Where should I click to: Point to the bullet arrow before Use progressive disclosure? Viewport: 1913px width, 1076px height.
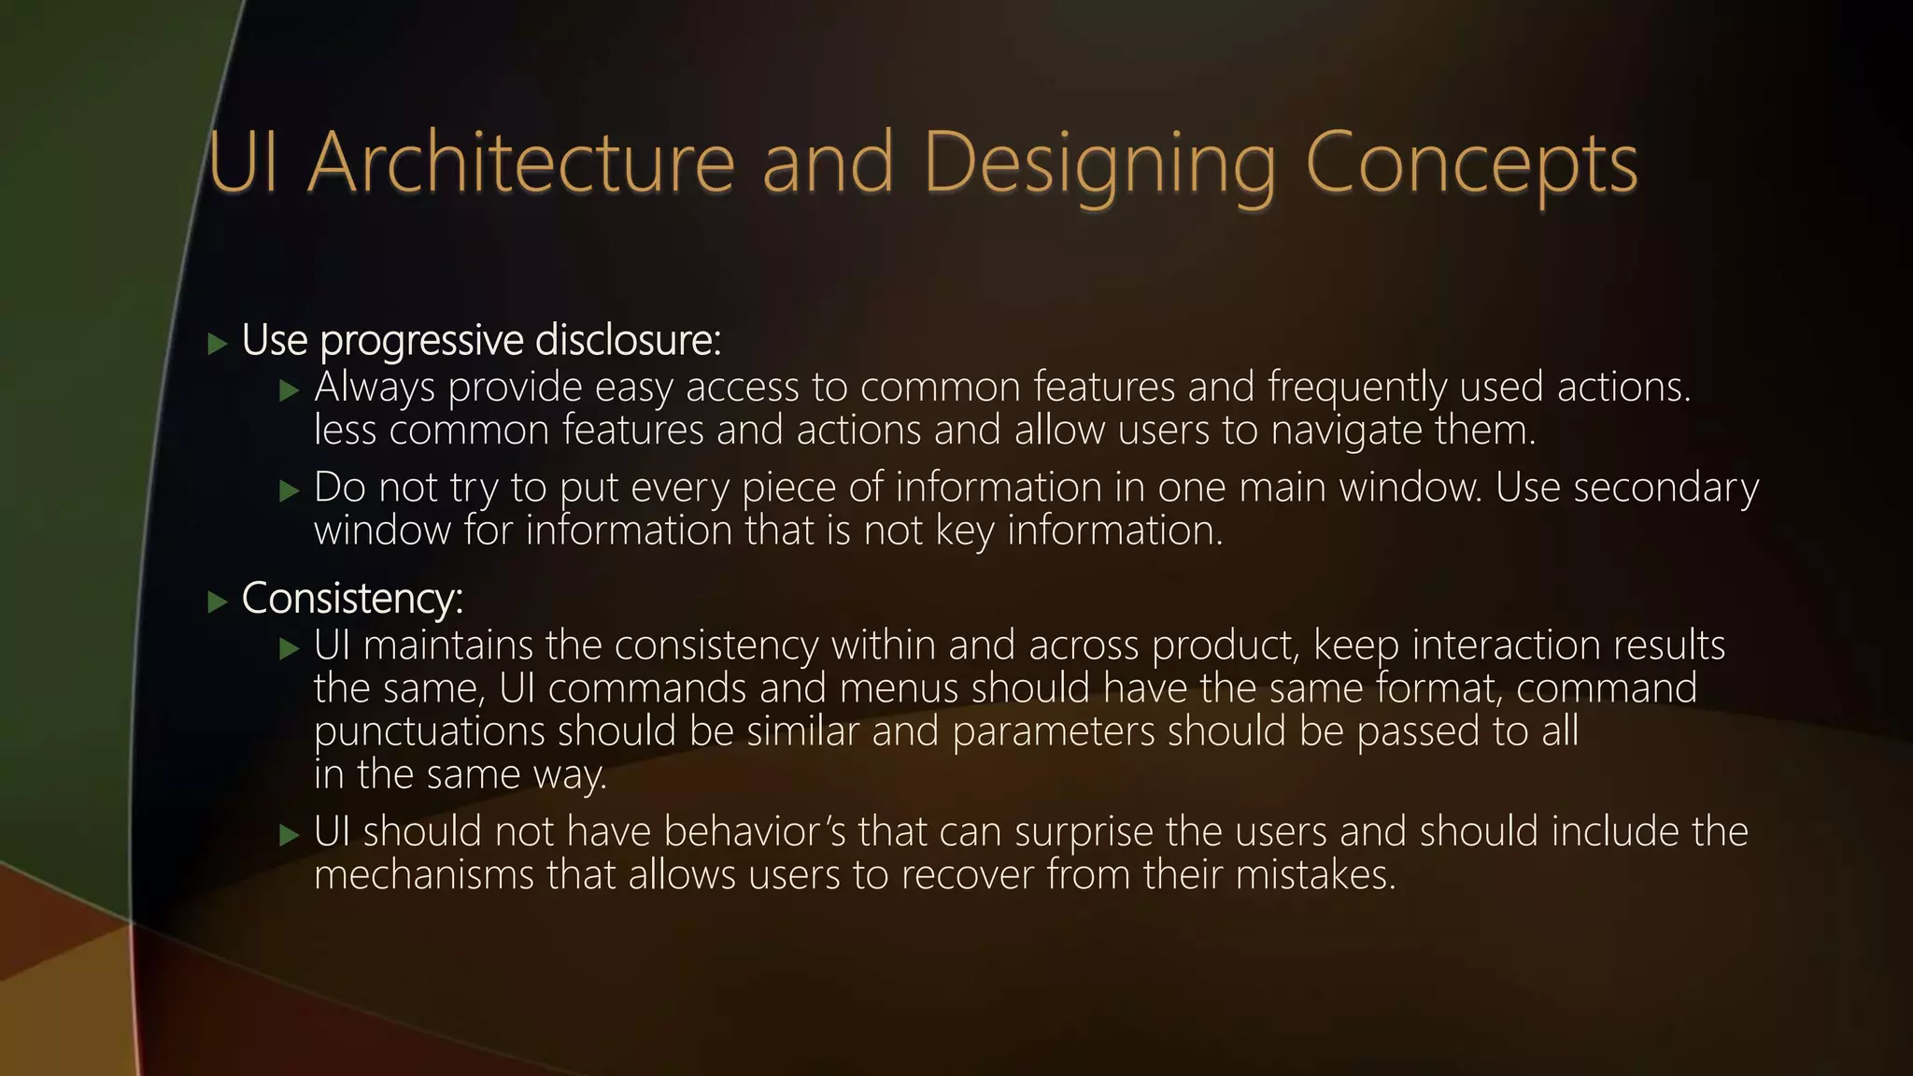[218, 344]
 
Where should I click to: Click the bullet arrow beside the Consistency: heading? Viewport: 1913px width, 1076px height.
[218, 602]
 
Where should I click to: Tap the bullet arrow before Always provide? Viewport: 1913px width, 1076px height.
[290, 389]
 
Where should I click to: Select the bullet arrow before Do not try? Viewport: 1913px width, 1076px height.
[290, 490]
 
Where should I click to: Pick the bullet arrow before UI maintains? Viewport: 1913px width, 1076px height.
[290, 648]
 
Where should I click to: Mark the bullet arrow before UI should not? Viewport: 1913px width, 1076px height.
[290, 834]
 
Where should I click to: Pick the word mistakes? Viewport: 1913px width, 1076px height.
[1315, 875]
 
